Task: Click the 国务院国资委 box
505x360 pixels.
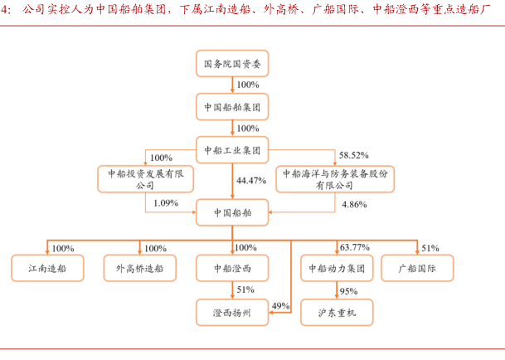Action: pyautogui.click(x=232, y=63)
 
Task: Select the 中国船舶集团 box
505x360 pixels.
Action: pyautogui.click(x=232, y=107)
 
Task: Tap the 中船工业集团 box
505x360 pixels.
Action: pyautogui.click(x=232, y=150)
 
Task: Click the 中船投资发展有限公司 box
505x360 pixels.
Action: pyautogui.click(x=145, y=180)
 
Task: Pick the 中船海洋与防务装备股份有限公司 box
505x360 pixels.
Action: pyautogui.click(x=335, y=180)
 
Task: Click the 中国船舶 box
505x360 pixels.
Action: pyautogui.click(x=232, y=212)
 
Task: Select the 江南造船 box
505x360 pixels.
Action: pyautogui.click(x=46, y=268)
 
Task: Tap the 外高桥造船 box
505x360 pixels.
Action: pyautogui.click(x=139, y=268)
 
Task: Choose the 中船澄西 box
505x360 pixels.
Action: pyautogui.click(x=233, y=268)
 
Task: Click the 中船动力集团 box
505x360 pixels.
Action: pyautogui.click(x=335, y=268)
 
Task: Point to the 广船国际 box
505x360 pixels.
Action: pyautogui.click(x=417, y=268)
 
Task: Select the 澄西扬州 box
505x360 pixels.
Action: pyautogui.click(x=233, y=311)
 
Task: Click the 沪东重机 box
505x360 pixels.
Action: pyautogui.click(x=335, y=311)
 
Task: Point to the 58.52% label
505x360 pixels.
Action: pyautogui.click(x=354, y=156)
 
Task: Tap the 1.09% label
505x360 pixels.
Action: pyautogui.click(x=167, y=203)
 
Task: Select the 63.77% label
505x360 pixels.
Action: pyautogui.click(x=355, y=247)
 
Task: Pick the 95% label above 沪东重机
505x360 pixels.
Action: pyautogui.click(x=348, y=291)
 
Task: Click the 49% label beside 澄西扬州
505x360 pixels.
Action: pyautogui.click(x=280, y=305)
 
